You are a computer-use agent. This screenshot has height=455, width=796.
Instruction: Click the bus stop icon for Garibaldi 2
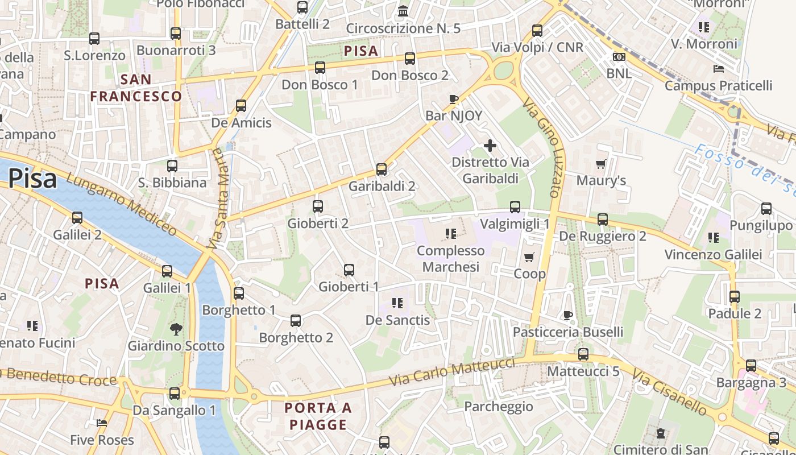tap(382, 169)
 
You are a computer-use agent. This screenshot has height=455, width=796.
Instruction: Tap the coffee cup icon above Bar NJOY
tap(453, 100)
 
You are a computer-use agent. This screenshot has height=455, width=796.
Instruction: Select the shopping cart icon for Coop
tap(529, 258)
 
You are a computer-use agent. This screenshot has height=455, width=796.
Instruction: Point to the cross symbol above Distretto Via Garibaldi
tap(490, 146)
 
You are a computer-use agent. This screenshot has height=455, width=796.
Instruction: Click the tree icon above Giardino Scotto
tap(176, 329)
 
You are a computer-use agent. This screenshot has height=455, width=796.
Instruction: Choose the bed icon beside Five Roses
tap(102, 423)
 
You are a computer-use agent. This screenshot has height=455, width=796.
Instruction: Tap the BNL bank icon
tap(619, 57)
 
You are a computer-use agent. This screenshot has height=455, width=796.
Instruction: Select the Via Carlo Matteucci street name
tap(452, 373)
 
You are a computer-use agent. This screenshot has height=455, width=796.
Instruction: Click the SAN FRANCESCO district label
tap(136, 88)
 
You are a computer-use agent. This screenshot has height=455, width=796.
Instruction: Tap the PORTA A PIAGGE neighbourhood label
tap(318, 416)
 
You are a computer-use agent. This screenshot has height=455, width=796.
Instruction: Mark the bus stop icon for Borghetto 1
tap(239, 293)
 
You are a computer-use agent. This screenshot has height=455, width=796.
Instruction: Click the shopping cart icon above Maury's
tap(600, 164)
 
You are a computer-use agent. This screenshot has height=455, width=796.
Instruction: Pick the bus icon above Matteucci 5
tap(583, 354)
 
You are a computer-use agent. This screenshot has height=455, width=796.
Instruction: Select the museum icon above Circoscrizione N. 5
tap(404, 11)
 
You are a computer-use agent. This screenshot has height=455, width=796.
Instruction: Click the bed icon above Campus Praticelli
tap(718, 69)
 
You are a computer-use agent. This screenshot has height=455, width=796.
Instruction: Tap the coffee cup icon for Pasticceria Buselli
tap(567, 315)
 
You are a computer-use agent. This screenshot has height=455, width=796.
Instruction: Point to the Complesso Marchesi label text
tap(451, 259)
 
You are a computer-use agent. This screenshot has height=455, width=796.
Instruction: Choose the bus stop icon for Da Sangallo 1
tap(175, 393)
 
